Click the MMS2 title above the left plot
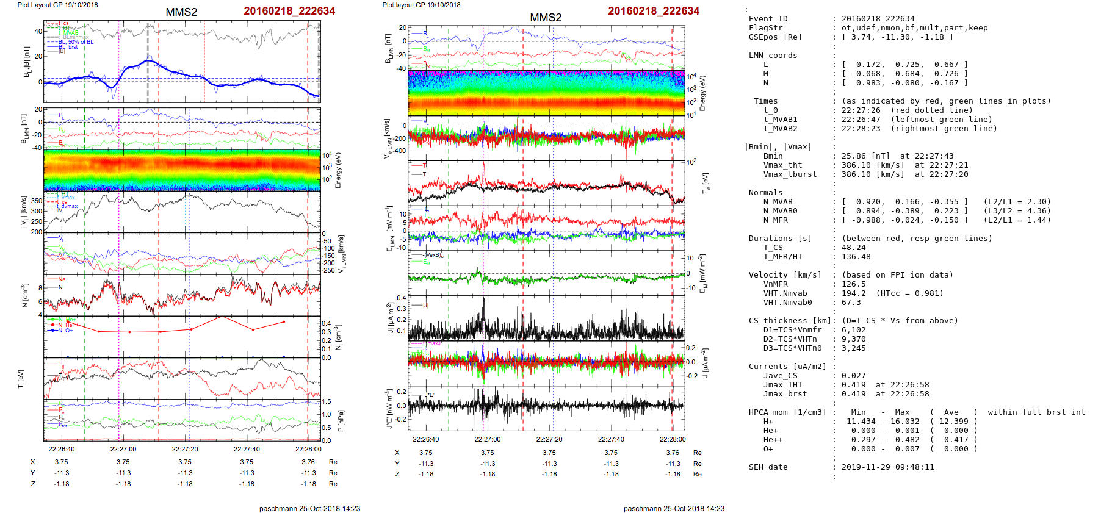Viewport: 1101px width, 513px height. click(x=181, y=12)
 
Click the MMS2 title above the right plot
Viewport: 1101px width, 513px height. click(x=546, y=18)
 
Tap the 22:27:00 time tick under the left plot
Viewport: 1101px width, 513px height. click(x=123, y=449)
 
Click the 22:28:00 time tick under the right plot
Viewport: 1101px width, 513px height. click(x=672, y=439)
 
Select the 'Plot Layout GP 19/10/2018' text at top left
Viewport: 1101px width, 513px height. click(x=57, y=5)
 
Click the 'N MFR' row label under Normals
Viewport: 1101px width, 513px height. click(x=775, y=220)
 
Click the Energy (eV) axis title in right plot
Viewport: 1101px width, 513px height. click(x=702, y=93)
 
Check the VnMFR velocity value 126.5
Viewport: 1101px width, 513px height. click(x=853, y=284)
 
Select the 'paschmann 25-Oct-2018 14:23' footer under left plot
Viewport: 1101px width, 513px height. click(x=309, y=509)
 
